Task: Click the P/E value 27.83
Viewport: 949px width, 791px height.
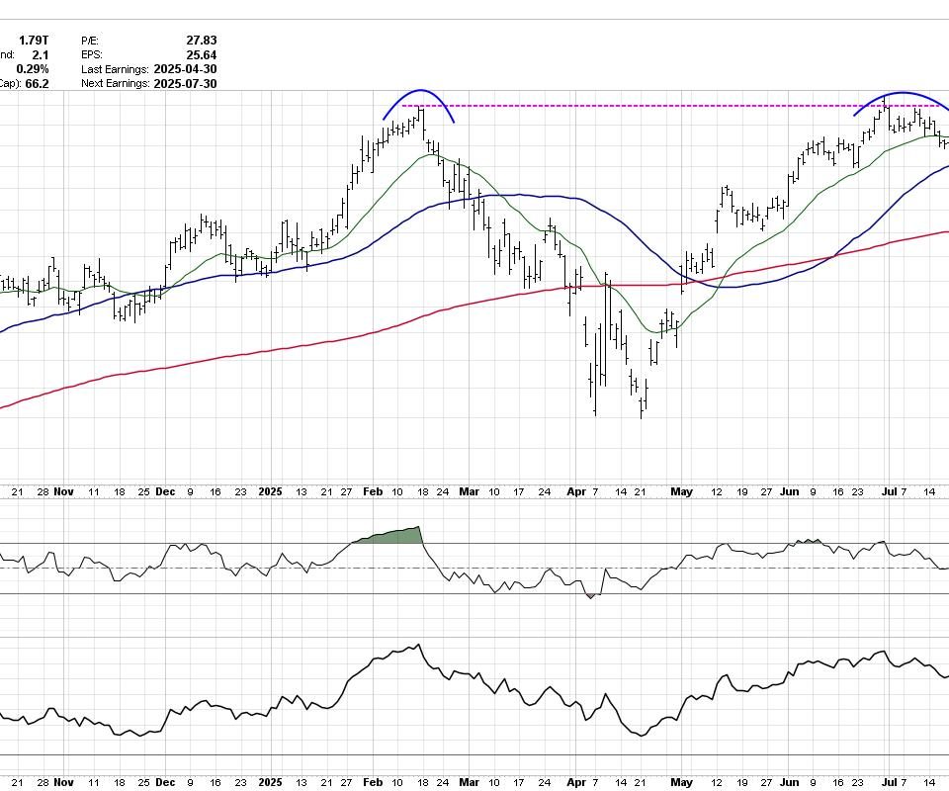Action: pos(202,41)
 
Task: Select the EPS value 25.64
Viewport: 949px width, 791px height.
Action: pos(202,55)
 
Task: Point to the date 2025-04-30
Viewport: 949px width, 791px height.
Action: pos(185,69)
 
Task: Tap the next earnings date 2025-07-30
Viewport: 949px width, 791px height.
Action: pos(185,84)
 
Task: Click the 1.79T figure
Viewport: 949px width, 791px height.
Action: pos(34,41)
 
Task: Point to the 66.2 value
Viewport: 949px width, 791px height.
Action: pos(37,84)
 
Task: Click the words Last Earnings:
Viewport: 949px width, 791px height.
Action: pos(115,69)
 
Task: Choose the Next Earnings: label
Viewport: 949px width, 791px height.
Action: pos(115,84)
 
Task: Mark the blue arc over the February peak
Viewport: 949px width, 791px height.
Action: pos(420,91)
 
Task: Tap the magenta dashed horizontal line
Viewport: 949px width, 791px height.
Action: pos(643,106)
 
